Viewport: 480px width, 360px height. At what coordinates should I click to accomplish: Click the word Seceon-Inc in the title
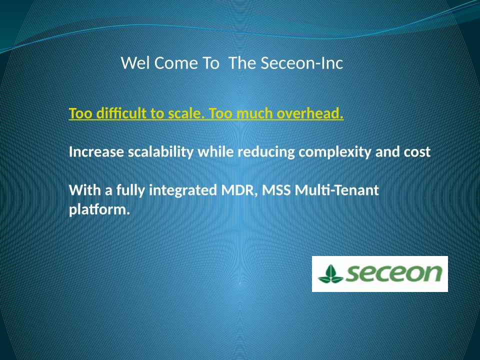coord(302,63)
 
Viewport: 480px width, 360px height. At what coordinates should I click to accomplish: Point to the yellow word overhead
coord(310,113)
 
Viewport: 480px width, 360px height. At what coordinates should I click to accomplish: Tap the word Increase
coord(96,152)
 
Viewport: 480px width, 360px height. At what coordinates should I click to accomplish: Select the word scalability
coord(160,152)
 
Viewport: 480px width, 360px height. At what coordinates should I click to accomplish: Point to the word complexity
coord(335,152)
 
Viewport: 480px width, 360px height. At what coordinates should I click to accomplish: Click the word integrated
coord(183,190)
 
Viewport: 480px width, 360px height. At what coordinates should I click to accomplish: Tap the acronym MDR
coord(239,190)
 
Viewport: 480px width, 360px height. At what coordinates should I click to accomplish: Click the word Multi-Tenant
coord(336,190)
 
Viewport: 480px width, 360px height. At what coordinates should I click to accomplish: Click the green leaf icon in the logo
coord(330,274)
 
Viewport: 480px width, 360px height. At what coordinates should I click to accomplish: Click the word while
coord(215,152)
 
